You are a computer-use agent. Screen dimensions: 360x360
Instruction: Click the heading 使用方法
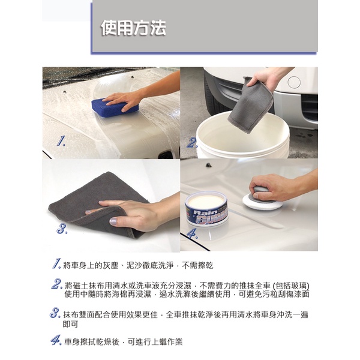(x=133, y=28)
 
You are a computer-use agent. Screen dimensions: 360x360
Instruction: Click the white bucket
(x=243, y=136)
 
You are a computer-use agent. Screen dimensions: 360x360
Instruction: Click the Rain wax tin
(x=206, y=208)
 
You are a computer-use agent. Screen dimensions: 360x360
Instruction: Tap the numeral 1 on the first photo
(x=61, y=141)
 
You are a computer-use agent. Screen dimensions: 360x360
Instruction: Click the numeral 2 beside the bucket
(x=192, y=143)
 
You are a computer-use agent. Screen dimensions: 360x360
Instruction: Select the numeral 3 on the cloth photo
(x=62, y=229)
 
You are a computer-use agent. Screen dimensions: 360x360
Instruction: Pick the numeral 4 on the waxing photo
(x=192, y=234)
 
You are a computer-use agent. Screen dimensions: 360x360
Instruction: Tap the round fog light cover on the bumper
(x=294, y=82)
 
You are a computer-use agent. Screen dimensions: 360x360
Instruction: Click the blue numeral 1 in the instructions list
(x=56, y=263)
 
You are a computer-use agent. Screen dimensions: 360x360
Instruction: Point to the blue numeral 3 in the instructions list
(x=55, y=313)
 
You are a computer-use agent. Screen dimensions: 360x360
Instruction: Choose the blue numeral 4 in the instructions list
(x=56, y=340)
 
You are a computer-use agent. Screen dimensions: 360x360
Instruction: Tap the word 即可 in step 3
(x=70, y=324)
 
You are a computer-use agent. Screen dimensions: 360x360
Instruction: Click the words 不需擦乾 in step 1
(x=197, y=266)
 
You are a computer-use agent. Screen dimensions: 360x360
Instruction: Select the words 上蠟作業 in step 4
(x=167, y=342)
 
